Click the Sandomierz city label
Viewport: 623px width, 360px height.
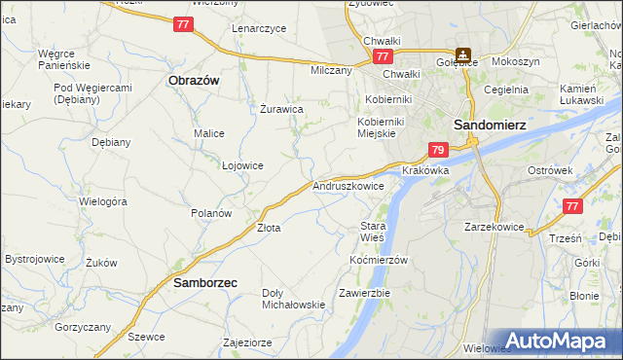(489, 125)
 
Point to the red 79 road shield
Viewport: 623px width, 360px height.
(438, 150)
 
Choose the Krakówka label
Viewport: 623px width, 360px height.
(425, 169)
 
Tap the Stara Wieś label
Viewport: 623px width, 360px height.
(373, 232)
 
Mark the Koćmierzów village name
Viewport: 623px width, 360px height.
(378, 260)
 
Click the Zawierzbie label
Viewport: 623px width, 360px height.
(364, 293)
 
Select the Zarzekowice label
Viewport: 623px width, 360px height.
(495, 227)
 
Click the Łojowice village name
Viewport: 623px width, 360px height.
(242, 165)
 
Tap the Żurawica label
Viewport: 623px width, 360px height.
(282, 109)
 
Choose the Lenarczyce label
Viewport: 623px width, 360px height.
(259, 28)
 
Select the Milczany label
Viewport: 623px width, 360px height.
(330, 70)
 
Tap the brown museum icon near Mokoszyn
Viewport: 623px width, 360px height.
(464, 55)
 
